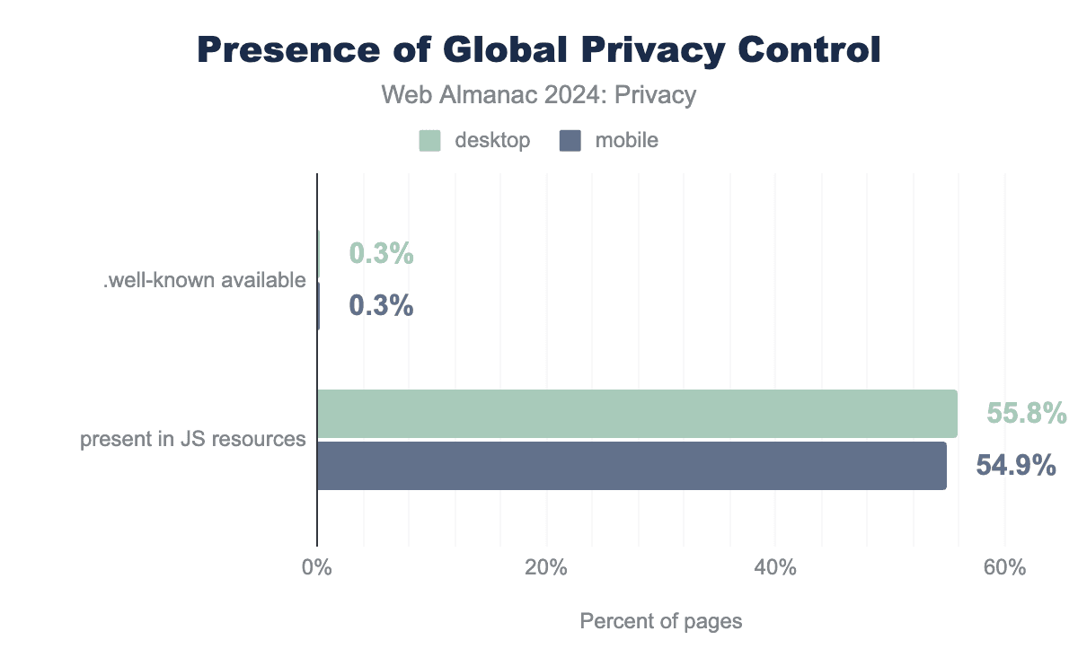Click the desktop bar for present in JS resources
pyautogui.click(x=637, y=414)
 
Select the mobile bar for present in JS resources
pyautogui.click(x=632, y=465)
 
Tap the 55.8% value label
pyautogui.click(x=1026, y=414)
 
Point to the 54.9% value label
pyautogui.click(x=1015, y=466)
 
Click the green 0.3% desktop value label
pyautogui.click(x=381, y=255)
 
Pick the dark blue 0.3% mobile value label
pyautogui.click(x=381, y=306)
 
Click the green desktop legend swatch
pyautogui.click(x=429, y=141)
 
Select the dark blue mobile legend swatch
pyautogui.click(x=570, y=141)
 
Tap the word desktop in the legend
pyautogui.click(x=492, y=141)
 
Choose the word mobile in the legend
pyautogui.click(x=626, y=141)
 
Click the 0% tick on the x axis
pyautogui.click(x=317, y=569)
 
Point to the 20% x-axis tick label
pyautogui.click(x=545, y=569)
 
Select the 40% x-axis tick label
pyautogui.click(x=775, y=569)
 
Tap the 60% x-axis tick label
pyautogui.click(x=1004, y=569)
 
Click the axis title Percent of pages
pyautogui.click(x=660, y=621)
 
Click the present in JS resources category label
pyautogui.click(x=193, y=440)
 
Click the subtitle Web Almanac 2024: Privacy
pyautogui.click(x=539, y=95)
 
